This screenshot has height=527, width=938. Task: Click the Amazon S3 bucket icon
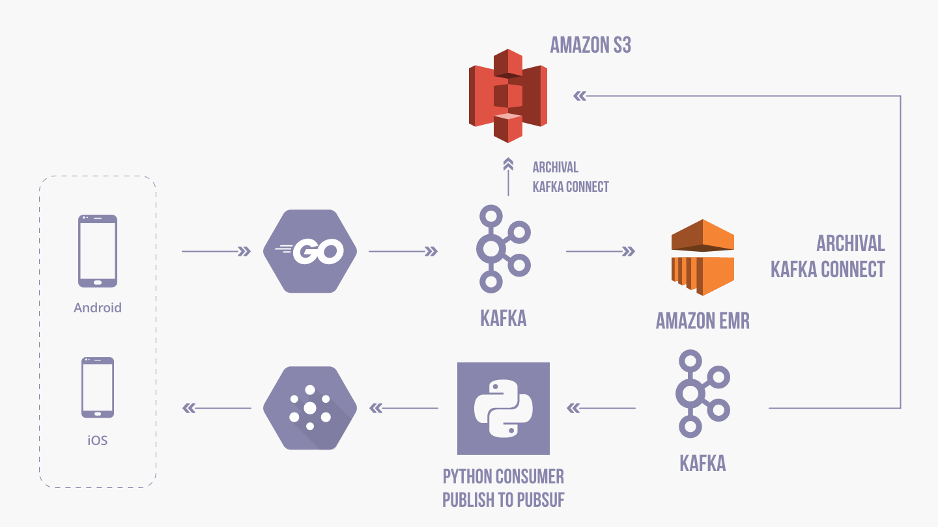coord(507,96)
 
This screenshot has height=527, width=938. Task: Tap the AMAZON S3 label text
coord(590,45)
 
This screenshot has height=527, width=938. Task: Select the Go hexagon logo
coord(310,251)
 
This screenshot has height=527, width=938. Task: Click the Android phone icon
coord(98,250)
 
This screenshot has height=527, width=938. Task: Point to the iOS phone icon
coord(98,387)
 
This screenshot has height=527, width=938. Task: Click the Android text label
coord(98,308)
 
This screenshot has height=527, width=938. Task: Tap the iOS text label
coord(98,440)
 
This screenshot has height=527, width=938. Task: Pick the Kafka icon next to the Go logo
coord(503,248)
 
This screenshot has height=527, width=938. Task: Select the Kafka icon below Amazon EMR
coord(702,393)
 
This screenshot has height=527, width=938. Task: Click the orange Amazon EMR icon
coord(703,258)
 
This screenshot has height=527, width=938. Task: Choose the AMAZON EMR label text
coord(702,321)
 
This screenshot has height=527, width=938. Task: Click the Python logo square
coord(504,409)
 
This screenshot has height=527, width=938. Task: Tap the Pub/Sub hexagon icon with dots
coord(310,409)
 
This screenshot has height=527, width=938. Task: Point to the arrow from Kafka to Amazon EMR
coord(600,251)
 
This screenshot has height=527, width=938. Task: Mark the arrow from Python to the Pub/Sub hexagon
coord(404,409)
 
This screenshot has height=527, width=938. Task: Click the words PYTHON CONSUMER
coord(504,477)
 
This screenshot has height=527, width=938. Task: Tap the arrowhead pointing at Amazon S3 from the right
coord(580,96)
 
